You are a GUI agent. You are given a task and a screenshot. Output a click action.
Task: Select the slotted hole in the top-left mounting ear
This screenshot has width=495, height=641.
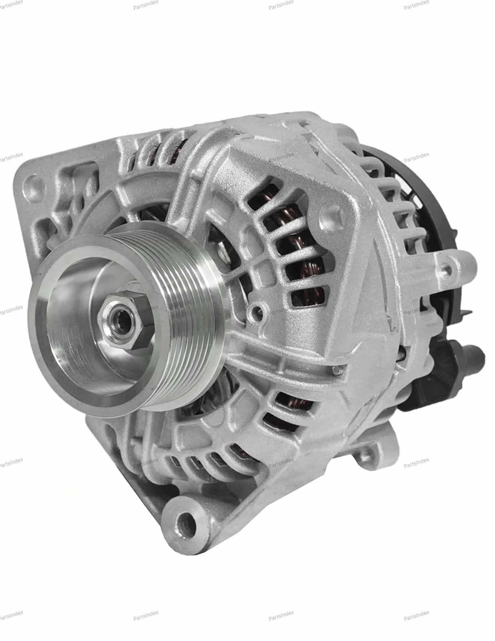pyautogui.click(x=34, y=184)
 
